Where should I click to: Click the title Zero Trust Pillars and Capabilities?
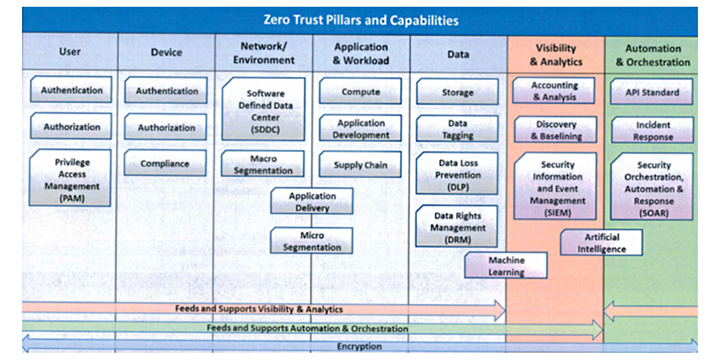point(360,20)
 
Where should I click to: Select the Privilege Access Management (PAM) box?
point(71,179)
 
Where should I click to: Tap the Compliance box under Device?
point(165,163)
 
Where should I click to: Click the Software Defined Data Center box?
point(264,111)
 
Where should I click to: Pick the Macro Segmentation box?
point(263,164)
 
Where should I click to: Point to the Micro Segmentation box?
point(311,241)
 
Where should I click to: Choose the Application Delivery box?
point(312,202)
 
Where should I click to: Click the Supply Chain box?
point(360,165)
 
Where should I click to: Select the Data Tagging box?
point(457,129)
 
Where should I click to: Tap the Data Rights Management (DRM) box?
point(457,227)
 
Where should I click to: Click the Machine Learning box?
point(506,266)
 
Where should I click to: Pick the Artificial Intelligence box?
point(602,243)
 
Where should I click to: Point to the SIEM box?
point(557,188)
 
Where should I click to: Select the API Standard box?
point(652,92)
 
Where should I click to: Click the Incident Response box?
point(652,130)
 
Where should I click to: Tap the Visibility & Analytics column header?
point(556,54)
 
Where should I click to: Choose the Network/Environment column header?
point(264,53)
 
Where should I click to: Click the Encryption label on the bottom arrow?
point(359,346)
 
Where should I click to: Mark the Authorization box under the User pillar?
point(72,127)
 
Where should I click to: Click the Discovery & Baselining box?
point(556,130)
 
